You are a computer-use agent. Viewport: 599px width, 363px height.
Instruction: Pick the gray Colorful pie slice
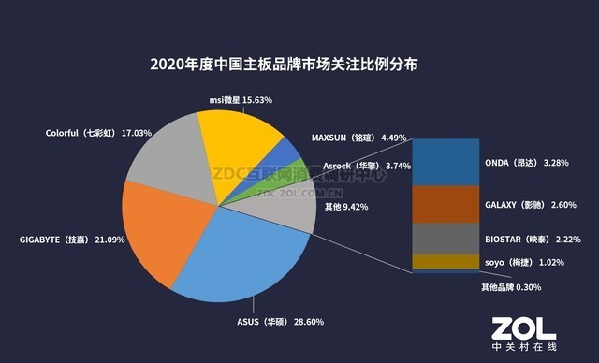pyautogui.click(x=165, y=159)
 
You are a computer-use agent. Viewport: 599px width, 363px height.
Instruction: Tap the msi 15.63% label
pyautogui.click(x=241, y=99)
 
